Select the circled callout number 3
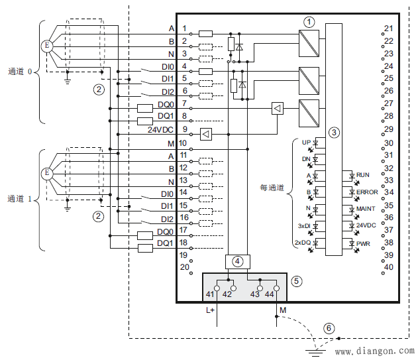(334, 133)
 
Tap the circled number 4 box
(236, 261)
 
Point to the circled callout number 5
(296, 281)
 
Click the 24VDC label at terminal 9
(160, 130)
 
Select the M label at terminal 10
(171, 143)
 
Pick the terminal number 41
(211, 294)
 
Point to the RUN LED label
(363, 175)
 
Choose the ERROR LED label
(366, 192)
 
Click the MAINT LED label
(365, 209)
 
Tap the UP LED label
(306, 143)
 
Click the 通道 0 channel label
(21, 71)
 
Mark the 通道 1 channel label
(21, 198)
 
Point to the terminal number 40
(388, 267)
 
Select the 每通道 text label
(272, 188)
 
